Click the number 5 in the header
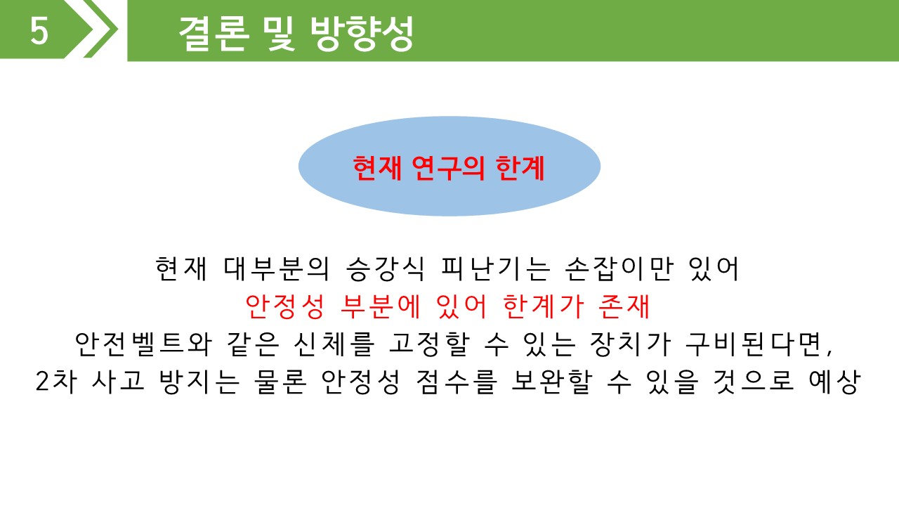(x=39, y=31)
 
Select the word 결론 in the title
(x=212, y=34)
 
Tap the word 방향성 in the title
(x=362, y=34)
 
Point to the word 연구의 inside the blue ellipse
(x=448, y=168)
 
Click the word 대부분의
(x=277, y=268)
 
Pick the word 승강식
(x=385, y=268)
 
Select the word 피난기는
(x=494, y=268)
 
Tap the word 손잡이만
(x=618, y=268)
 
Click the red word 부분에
(x=380, y=307)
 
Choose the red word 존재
(x=624, y=307)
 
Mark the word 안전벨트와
(x=143, y=344)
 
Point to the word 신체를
(x=334, y=344)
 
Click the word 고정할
(x=429, y=344)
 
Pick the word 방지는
(x=199, y=382)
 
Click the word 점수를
(x=457, y=382)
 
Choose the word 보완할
(x=552, y=382)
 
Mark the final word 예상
(x=835, y=382)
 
